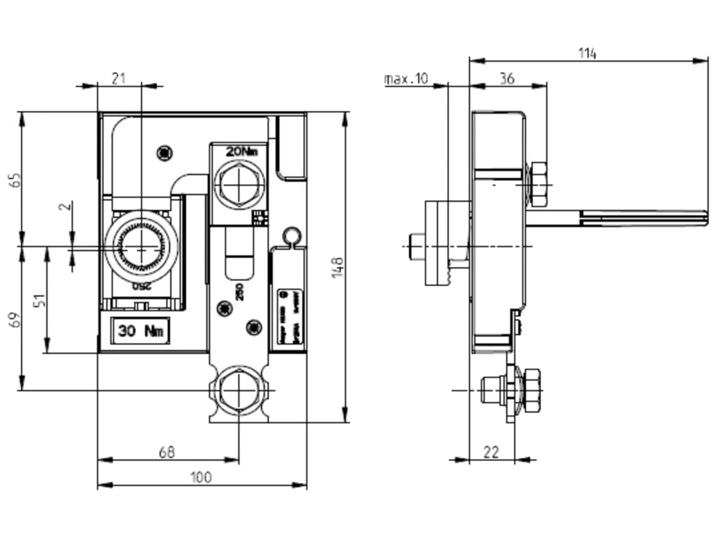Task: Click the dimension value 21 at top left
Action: tap(119, 78)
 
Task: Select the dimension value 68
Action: tap(167, 453)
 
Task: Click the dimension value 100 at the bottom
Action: tap(201, 477)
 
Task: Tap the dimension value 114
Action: tap(587, 53)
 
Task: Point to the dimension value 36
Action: tap(507, 78)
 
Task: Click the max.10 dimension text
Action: tap(406, 79)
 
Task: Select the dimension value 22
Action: tap(491, 452)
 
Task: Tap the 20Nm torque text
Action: tap(241, 152)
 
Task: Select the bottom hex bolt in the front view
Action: tap(238, 389)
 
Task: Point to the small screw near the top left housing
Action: tap(164, 153)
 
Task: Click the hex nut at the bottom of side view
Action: tap(531, 390)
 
